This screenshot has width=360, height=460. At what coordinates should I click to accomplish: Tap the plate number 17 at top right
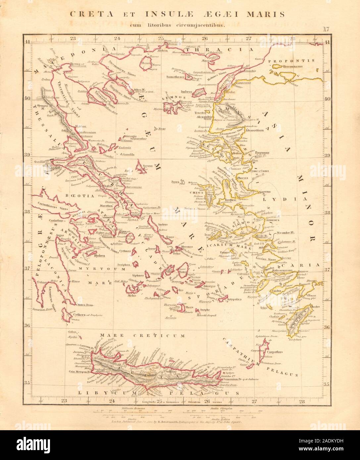click(325, 29)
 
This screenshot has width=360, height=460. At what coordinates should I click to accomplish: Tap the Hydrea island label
click(89, 255)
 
